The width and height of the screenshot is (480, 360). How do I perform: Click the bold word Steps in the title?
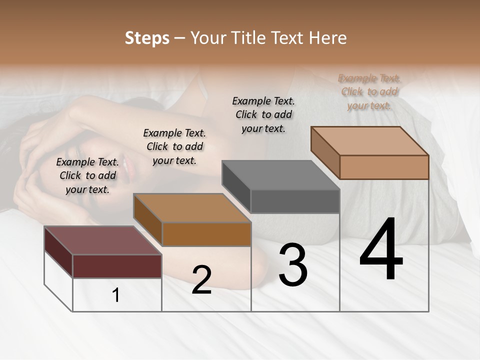pyautogui.click(x=147, y=38)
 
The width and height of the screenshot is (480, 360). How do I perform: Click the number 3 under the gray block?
pyautogui.click(x=293, y=265)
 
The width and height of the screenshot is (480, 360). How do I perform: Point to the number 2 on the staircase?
pyautogui.click(x=201, y=280)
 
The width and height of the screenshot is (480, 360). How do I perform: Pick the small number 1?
pyautogui.click(x=116, y=295)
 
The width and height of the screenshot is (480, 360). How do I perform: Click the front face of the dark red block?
pyautogui.click(x=117, y=266)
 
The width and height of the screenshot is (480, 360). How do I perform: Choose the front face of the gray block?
pyautogui.click(x=295, y=201)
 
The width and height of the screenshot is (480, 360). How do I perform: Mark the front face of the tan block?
pyautogui.click(x=384, y=167)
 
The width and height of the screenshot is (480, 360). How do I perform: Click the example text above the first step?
pyautogui.click(x=87, y=176)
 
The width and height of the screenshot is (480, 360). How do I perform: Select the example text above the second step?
pyautogui.click(x=174, y=147)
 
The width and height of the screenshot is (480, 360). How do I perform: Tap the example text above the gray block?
pyautogui.click(x=263, y=114)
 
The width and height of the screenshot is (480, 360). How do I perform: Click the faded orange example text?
pyautogui.click(x=369, y=92)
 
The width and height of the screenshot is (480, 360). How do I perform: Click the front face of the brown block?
pyautogui.click(x=206, y=234)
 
